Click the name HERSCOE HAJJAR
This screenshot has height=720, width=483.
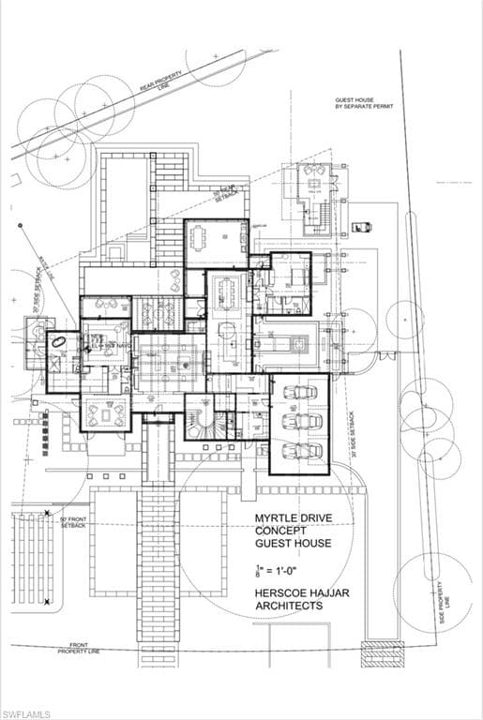pyautogui.click(x=294, y=592)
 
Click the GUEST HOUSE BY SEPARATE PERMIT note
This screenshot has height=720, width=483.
pyautogui.click(x=364, y=103)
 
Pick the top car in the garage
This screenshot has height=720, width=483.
pyautogui.click(x=301, y=392)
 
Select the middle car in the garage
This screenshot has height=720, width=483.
pyautogui.click(x=301, y=421)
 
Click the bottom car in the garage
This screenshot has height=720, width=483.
pyautogui.click(x=301, y=450)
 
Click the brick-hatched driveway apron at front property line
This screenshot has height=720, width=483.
pyautogui.click(x=382, y=652)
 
